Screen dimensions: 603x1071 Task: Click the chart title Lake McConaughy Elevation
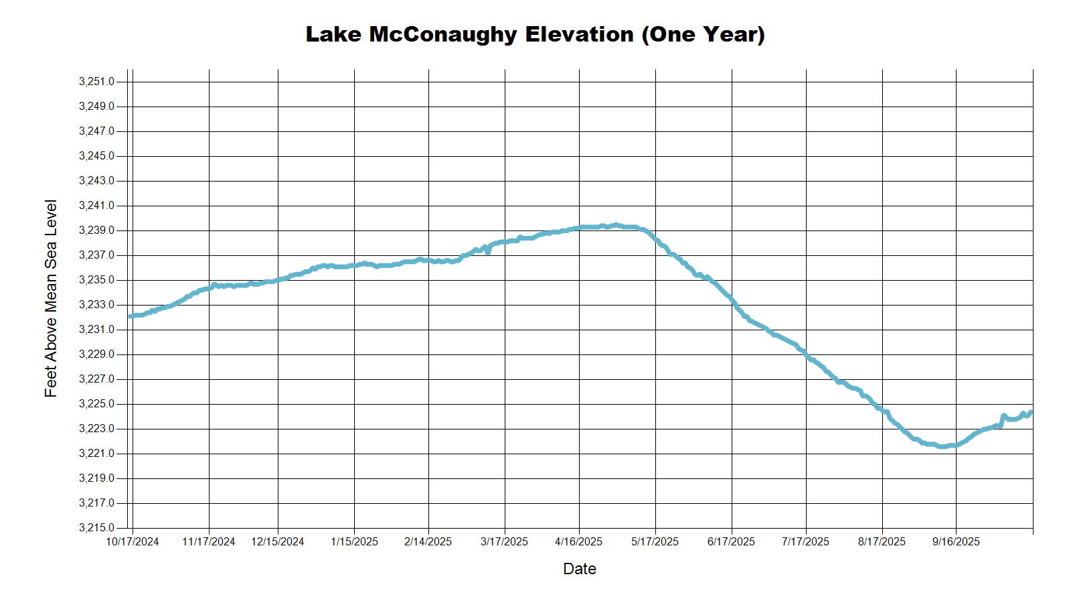click(x=535, y=34)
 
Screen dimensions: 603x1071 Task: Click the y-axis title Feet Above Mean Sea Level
click(x=51, y=298)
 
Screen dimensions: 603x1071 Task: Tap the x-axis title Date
click(x=579, y=569)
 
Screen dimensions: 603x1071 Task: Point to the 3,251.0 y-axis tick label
click(x=96, y=82)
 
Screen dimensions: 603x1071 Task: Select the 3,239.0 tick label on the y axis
click(x=96, y=230)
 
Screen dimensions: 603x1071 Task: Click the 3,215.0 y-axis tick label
click(x=96, y=528)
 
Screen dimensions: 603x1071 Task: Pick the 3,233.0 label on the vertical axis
click(x=96, y=305)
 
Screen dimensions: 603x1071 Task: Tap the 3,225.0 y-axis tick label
click(x=96, y=404)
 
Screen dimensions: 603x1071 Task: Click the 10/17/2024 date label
click(x=133, y=542)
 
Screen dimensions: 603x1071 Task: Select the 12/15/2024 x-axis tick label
click(x=278, y=542)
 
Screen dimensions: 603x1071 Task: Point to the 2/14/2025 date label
click(x=428, y=542)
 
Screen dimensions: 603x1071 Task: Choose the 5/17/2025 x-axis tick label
click(x=655, y=542)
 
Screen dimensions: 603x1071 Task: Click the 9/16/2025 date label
click(x=956, y=542)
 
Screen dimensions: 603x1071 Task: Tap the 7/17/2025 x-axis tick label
click(x=805, y=542)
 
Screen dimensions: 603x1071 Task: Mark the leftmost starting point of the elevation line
click(x=130, y=316)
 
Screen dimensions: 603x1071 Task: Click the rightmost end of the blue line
click(x=1032, y=412)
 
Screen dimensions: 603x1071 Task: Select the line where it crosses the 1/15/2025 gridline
click(x=354, y=266)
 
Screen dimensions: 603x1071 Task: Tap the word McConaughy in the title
click(x=443, y=34)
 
